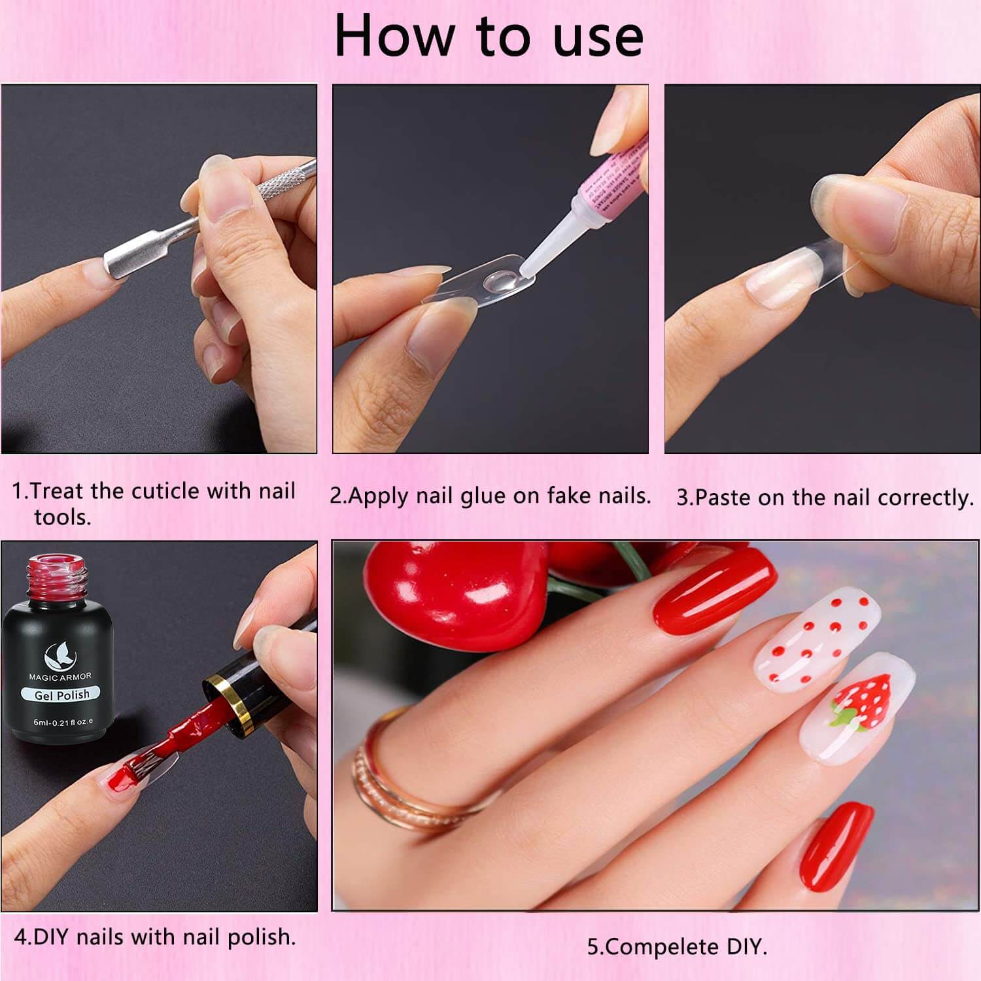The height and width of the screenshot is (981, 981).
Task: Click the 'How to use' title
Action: coord(489,37)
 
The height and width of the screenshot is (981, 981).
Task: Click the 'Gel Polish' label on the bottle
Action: coord(62,695)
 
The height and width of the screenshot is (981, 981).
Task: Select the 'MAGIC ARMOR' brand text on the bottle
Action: coord(60,677)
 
